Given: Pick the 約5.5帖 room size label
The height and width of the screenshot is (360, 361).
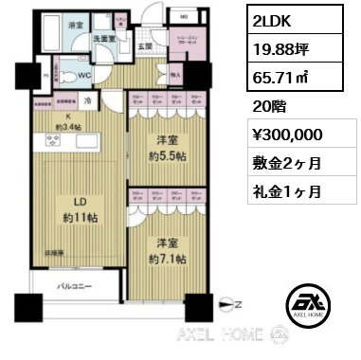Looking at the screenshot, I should click(x=168, y=150).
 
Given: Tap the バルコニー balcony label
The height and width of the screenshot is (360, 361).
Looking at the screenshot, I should click(x=71, y=284).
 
